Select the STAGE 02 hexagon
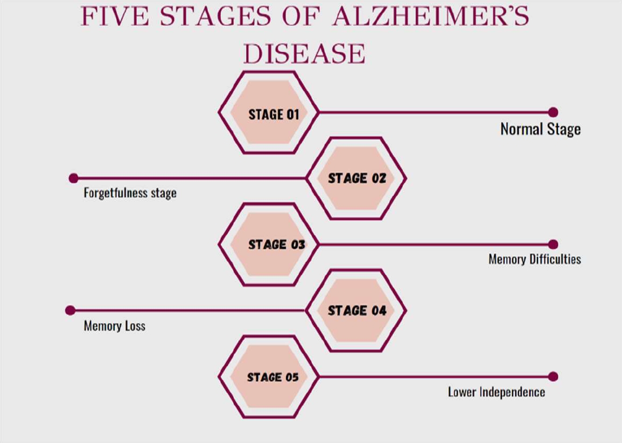pos(356,178)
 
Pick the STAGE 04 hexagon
pos(356,310)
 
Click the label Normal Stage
pos(540,129)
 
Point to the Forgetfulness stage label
pos(130,192)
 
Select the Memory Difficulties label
pos(534,259)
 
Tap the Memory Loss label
pos(114,326)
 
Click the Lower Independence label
pos(496,392)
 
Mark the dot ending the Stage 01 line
pos(553,112)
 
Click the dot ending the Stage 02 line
pos(74,178)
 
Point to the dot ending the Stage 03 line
pos(553,245)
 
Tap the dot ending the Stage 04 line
pos(70,310)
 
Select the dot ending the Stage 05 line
pos(553,377)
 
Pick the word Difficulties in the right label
pos(555,259)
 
